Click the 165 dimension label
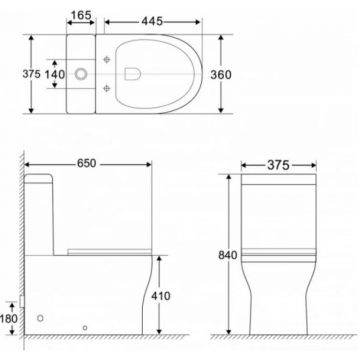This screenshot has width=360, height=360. click(x=81, y=15)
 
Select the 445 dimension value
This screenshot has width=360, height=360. click(x=152, y=21)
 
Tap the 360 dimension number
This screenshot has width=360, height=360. click(x=221, y=75)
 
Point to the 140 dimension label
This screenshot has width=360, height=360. click(x=55, y=74)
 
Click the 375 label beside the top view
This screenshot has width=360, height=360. click(x=31, y=74)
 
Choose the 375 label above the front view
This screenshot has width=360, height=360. click(x=278, y=165)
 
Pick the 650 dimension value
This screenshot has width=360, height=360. click(x=87, y=163)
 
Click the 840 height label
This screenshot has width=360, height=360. click(x=228, y=255)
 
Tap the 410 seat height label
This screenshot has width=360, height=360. click(x=161, y=296)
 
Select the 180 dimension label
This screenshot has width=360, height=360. click(x=9, y=319)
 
